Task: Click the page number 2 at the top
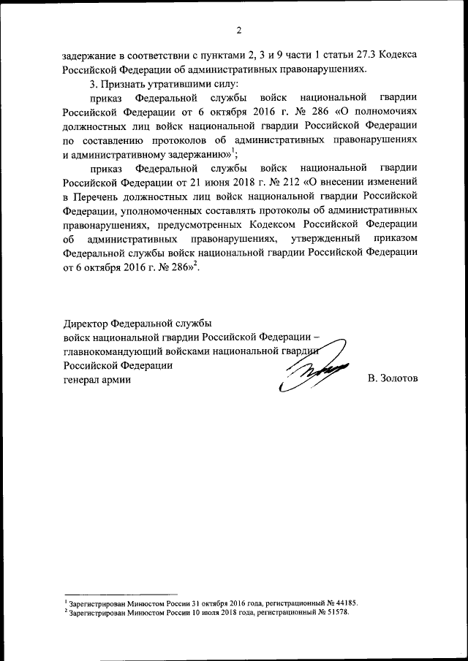click(238, 30)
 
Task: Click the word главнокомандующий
click(110, 351)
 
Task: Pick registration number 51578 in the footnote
click(336, 612)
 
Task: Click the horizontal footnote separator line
click(121, 593)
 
